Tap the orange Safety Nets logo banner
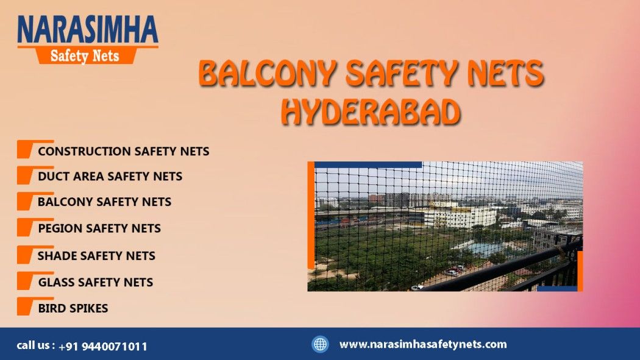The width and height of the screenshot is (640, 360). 85,55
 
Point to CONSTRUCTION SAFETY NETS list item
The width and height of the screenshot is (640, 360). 123,151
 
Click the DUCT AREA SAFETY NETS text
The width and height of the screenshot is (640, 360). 110,176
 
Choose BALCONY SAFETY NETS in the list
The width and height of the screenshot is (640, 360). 104,202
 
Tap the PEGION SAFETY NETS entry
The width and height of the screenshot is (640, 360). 99,228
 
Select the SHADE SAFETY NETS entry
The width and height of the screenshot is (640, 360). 96,256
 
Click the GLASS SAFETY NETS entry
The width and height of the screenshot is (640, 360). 96,282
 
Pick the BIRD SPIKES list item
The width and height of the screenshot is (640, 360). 73,308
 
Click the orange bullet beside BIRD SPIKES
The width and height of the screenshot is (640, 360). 26,306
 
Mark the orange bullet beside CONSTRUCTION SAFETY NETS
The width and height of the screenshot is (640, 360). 26,149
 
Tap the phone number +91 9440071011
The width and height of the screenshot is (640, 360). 102,347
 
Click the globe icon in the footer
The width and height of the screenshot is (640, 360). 320,344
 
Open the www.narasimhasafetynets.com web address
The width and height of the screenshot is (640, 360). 423,345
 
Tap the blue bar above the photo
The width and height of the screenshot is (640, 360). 368,164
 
